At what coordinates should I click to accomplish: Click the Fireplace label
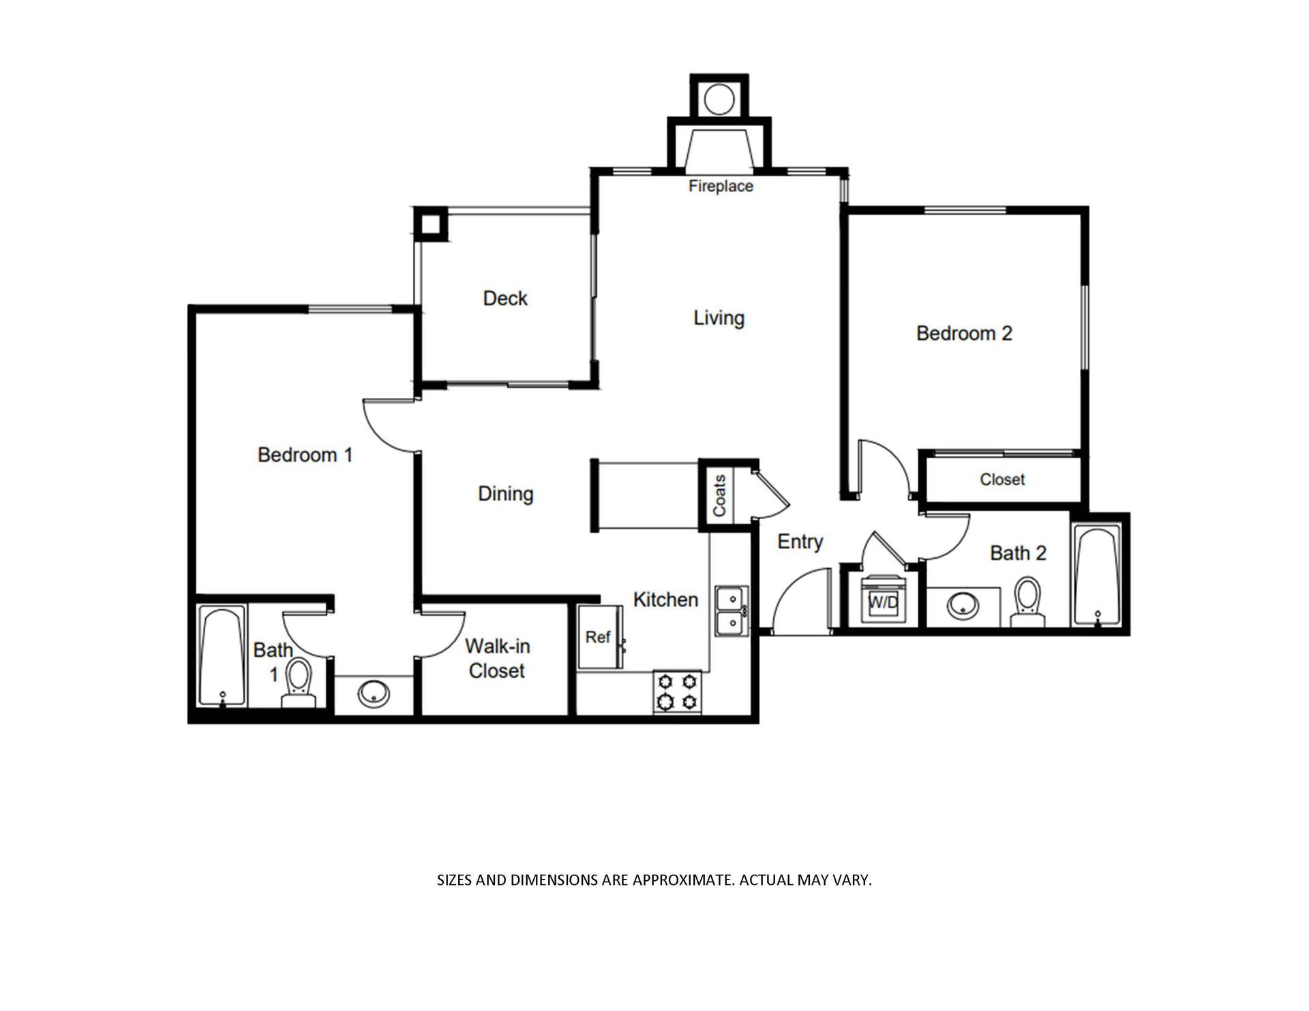coord(721,186)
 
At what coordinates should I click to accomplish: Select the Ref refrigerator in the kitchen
coord(599,637)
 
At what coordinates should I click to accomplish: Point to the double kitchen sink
coord(732,610)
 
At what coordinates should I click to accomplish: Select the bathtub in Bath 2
coord(1096,575)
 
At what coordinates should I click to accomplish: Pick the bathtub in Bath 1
coord(222,655)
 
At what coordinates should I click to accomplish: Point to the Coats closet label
coord(719,495)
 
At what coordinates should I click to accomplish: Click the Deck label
coord(505,298)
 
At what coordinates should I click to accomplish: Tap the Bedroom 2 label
coord(964,333)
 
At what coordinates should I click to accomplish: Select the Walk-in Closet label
coord(497,658)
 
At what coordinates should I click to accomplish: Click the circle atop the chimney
coord(718,99)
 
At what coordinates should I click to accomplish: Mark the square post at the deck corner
coord(431,223)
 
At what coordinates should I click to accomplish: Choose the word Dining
coord(505,494)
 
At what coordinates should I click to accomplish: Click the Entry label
coord(800,542)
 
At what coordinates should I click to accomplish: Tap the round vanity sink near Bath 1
coord(374,694)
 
